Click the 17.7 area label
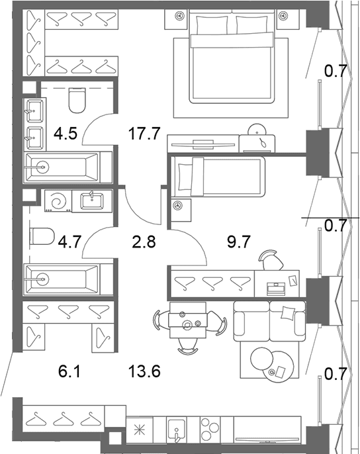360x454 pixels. click(144, 134)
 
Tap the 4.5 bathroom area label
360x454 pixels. click(66, 134)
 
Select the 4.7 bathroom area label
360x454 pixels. click(69, 242)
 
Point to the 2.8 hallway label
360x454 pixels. click(144, 242)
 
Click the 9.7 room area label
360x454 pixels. click(239, 242)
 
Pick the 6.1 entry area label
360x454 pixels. click(69, 371)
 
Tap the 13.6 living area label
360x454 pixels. click(144, 371)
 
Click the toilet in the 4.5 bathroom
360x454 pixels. click(77, 100)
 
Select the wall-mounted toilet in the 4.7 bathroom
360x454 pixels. click(42, 236)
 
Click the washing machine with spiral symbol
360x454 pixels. click(58, 201)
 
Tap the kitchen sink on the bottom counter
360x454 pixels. click(177, 431)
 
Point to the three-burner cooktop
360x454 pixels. click(210, 431)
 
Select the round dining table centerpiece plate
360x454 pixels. click(187, 324)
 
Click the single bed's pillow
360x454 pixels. click(185, 177)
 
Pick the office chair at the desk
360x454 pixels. click(271, 259)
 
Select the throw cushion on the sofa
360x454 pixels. click(288, 313)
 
